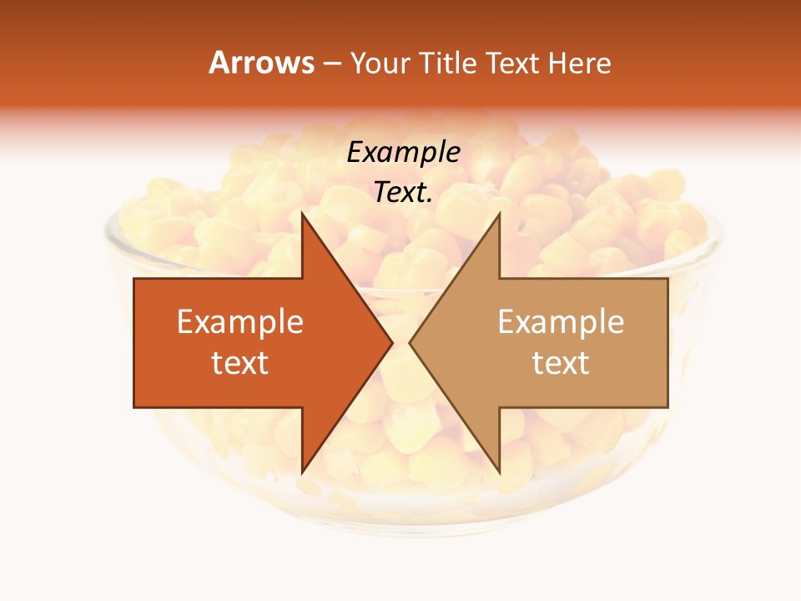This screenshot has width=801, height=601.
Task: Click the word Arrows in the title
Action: (x=261, y=63)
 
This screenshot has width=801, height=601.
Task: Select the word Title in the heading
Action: (x=448, y=63)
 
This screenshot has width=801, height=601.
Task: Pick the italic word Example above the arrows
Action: (x=404, y=153)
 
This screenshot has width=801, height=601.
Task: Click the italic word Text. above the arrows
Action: (x=404, y=192)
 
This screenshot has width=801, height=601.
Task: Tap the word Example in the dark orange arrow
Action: (x=240, y=322)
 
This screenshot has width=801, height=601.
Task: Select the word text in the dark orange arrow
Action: (x=240, y=363)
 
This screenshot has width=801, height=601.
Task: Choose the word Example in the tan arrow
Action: (x=561, y=322)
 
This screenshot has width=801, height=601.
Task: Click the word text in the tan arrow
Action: (x=561, y=363)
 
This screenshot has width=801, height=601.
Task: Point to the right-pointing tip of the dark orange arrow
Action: (x=392, y=342)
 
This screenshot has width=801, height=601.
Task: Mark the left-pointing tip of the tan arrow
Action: (x=410, y=342)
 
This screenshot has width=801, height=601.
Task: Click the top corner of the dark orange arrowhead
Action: (x=302, y=214)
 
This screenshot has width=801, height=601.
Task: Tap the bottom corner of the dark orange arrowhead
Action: (x=302, y=472)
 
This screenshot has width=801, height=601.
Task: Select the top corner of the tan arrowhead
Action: (x=499, y=214)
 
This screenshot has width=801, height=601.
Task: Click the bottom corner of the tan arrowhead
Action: (x=499, y=472)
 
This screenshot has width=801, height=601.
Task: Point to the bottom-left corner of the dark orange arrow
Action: (x=134, y=407)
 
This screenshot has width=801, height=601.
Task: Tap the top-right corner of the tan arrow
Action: (x=667, y=279)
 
